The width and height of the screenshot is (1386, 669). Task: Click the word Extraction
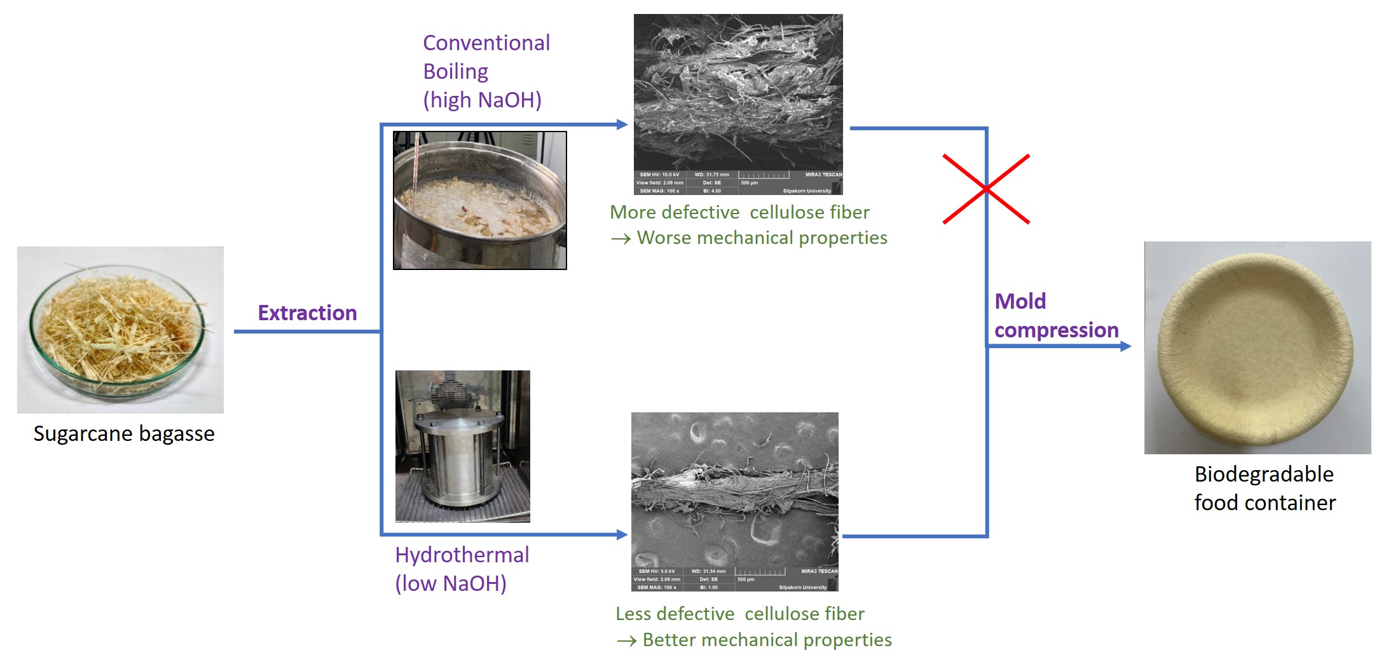tap(307, 313)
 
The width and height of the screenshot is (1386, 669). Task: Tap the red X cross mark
tap(986, 189)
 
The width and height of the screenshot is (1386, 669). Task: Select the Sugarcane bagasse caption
tap(124, 433)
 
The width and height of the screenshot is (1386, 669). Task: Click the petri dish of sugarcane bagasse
tap(120, 330)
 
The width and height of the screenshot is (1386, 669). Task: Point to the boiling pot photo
tap(479, 201)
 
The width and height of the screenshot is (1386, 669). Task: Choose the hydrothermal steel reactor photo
tap(462, 446)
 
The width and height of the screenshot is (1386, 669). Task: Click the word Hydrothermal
tap(462, 555)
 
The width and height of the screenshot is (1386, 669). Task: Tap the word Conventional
tap(486, 43)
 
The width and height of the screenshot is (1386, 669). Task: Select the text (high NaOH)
tap(483, 100)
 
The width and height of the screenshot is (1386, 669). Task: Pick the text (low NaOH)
tap(451, 583)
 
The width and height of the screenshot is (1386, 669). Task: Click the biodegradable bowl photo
tap(1257, 348)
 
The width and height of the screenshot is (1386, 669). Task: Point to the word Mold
tap(1020, 301)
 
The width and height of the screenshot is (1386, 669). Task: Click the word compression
tap(1056, 330)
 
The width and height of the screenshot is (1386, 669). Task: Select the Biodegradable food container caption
tap(1265, 488)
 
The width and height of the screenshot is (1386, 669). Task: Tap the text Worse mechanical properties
tap(762, 238)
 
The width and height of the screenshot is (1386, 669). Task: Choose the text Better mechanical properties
tap(767, 640)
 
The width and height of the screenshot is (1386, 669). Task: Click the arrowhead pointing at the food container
tap(1125, 346)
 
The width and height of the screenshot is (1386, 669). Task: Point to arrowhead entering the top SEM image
tap(622, 125)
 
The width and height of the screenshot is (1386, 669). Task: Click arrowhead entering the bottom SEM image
tap(622, 535)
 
